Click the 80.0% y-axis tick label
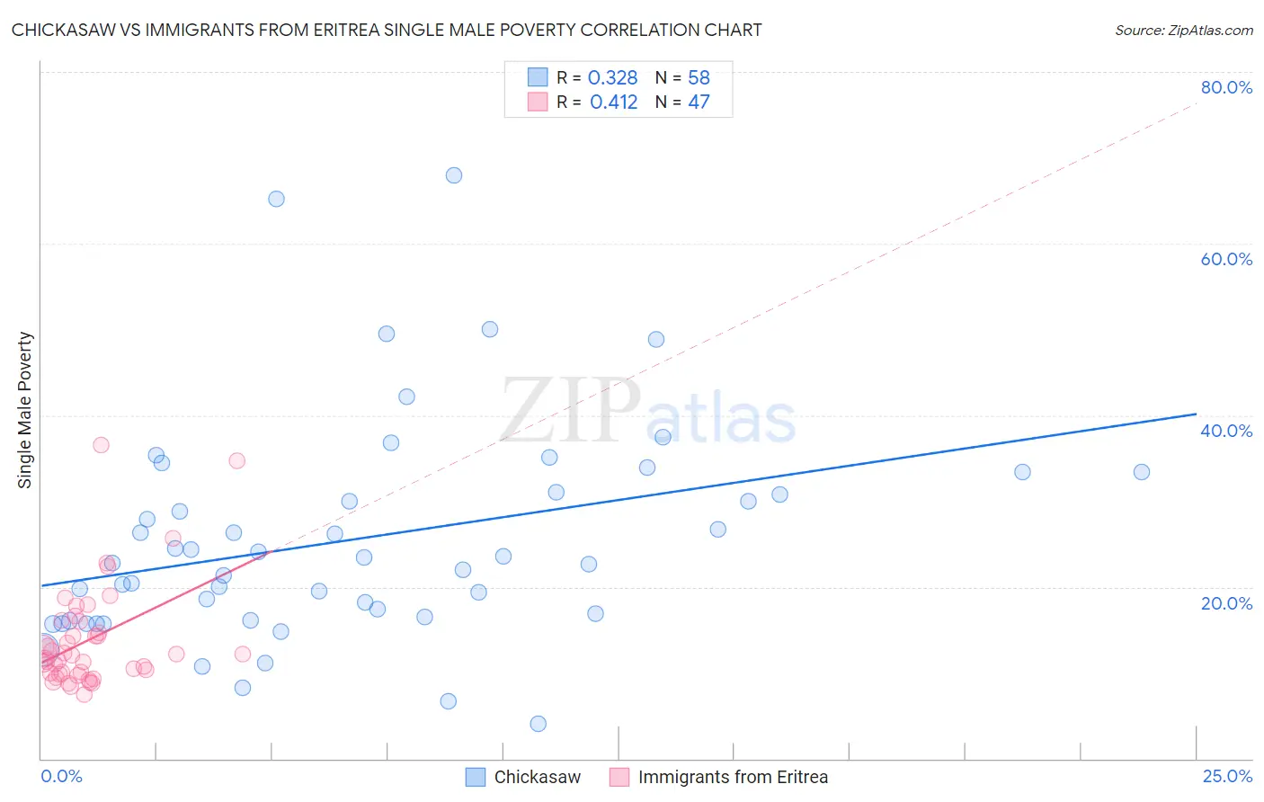point(1226,87)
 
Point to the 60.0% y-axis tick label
point(1226,259)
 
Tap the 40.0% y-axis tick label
point(1226,431)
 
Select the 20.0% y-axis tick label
point(1226,602)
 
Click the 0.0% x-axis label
point(61,776)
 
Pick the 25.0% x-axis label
point(1227,776)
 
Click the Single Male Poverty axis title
point(25,410)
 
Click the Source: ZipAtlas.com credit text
point(1183,31)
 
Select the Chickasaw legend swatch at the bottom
point(476,777)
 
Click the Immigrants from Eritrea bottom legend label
point(733,777)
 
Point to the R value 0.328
point(612,78)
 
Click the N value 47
point(699,102)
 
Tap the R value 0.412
point(613,102)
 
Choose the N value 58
point(699,78)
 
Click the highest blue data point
point(454,175)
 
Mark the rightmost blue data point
point(1142,472)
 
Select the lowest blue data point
point(539,724)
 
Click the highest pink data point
point(101,445)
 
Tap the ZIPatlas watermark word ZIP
point(570,410)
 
